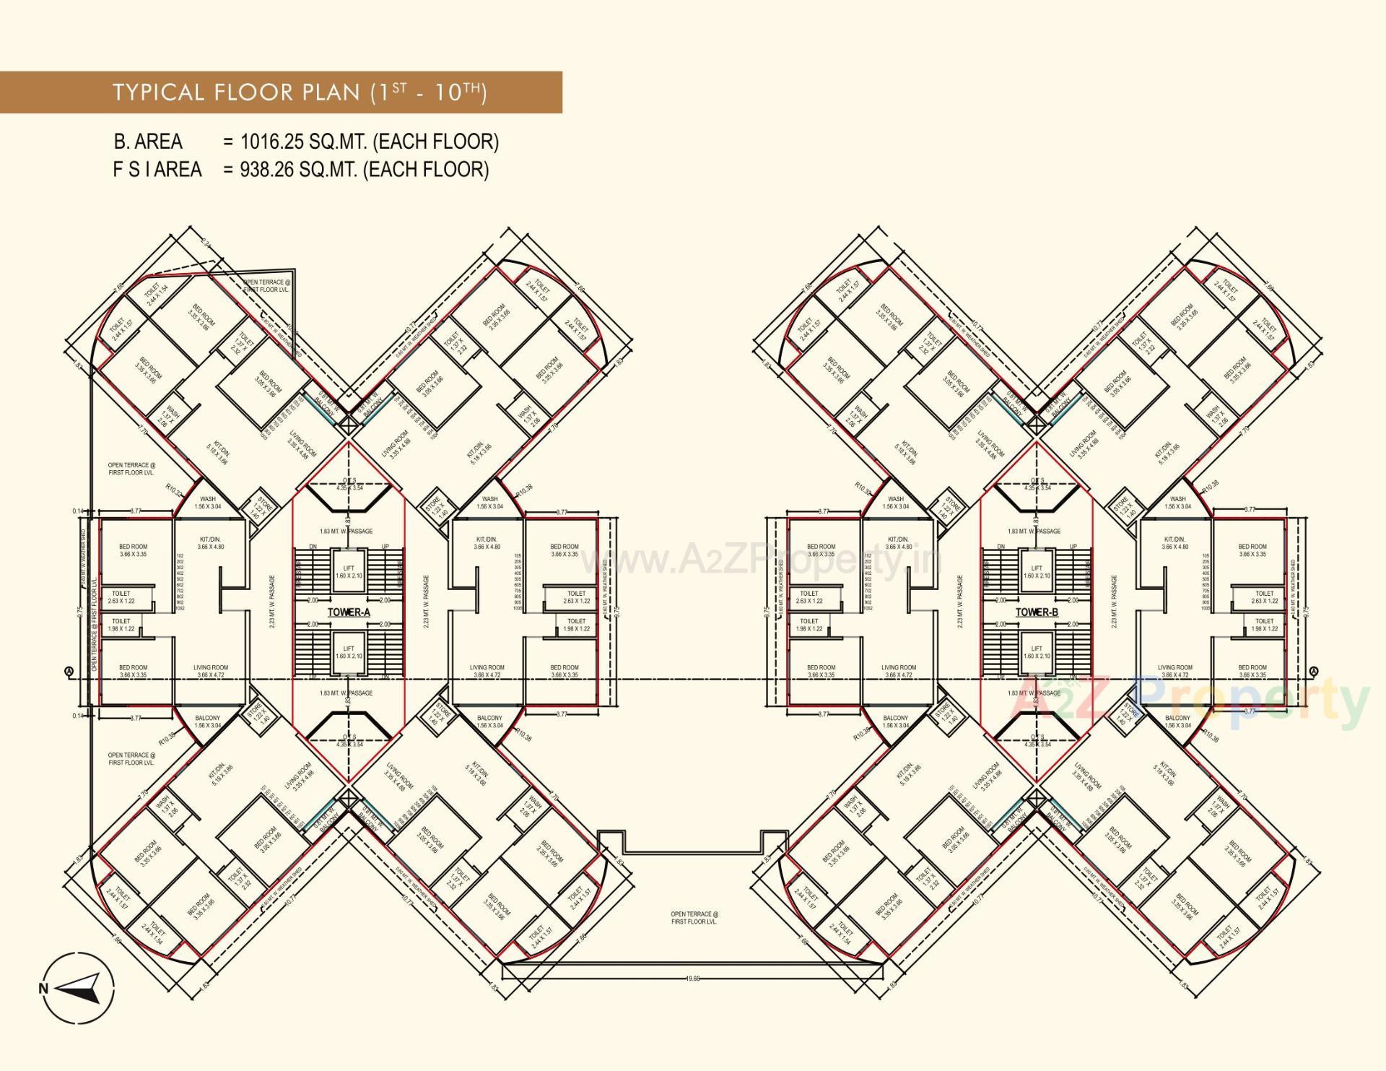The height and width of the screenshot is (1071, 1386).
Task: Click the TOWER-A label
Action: (x=349, y=612)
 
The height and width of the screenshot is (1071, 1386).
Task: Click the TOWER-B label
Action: (x=1037, y=612)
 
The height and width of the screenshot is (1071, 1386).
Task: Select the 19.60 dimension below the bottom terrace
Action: (x=692, y=979)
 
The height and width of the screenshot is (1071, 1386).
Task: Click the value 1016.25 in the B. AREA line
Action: (x=272, y=142)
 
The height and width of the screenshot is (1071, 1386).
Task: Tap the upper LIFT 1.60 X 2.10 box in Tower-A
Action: (x=349, y=572)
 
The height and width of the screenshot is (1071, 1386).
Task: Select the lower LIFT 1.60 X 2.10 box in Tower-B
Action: (x=1037, y=653)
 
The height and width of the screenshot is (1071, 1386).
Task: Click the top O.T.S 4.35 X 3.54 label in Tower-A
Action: (x=349, y=485)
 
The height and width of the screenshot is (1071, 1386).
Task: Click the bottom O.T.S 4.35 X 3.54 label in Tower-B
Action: (x=1037, y=740)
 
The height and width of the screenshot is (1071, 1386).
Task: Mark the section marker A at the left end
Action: (x=69, y=672)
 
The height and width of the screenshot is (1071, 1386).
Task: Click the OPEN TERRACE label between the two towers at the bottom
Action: (x=694, y=918)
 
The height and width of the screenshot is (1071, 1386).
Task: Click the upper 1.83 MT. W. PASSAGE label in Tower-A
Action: (x=346, y=531)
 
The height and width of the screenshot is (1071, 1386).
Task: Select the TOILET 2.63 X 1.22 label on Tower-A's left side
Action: (x=121, y=597)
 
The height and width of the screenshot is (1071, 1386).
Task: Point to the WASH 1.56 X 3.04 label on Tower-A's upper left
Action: (x=208, y=503)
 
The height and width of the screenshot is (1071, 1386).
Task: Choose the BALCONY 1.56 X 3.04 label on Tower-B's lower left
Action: (x=896, y=721)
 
